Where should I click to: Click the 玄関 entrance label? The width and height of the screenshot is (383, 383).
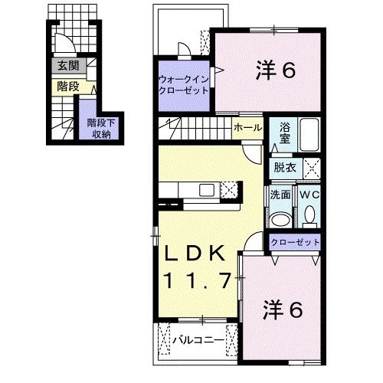point(66,67)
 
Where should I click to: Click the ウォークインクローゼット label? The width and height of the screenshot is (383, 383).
point(183,84)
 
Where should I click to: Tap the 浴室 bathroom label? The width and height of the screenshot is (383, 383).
point(284,134)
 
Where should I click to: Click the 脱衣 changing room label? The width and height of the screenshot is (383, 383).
point(285,166)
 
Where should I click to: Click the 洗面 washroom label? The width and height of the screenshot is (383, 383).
point(280,195)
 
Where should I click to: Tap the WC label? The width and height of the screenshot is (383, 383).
point(309,195)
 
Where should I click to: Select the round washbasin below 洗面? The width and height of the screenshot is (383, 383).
point(280,219)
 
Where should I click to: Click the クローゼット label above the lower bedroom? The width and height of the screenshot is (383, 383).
point(295,243)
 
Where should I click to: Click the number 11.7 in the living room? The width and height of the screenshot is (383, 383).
point(195,281)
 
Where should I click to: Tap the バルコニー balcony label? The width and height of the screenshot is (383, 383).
point(198,338)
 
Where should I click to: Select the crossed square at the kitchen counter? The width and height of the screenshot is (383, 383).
point(230,188)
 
